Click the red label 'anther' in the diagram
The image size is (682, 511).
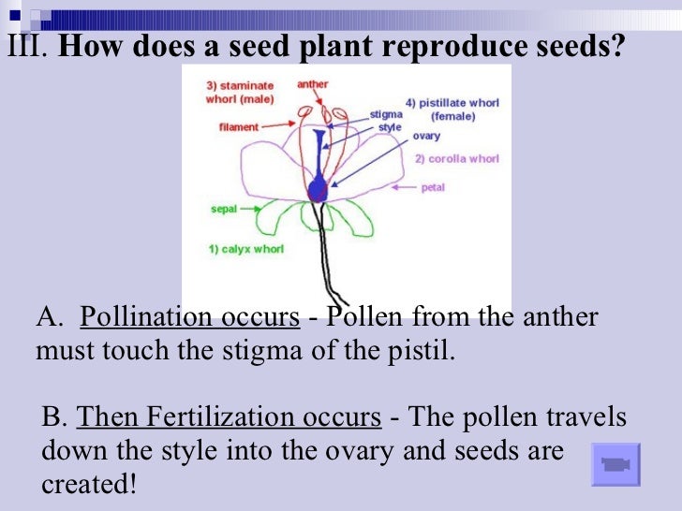tap(313, 84)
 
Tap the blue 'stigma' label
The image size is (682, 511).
tap(385, 114)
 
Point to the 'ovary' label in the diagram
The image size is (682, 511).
tap(426, 136)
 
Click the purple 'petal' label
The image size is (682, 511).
tap(433, 188)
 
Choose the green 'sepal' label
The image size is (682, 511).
tap(223, 211)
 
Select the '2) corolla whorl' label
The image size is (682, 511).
tap(457, 159)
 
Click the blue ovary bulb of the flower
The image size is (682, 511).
tap(318, 190)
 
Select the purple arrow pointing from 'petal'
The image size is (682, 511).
tap(405, 188)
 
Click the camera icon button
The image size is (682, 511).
tap(615, 464)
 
